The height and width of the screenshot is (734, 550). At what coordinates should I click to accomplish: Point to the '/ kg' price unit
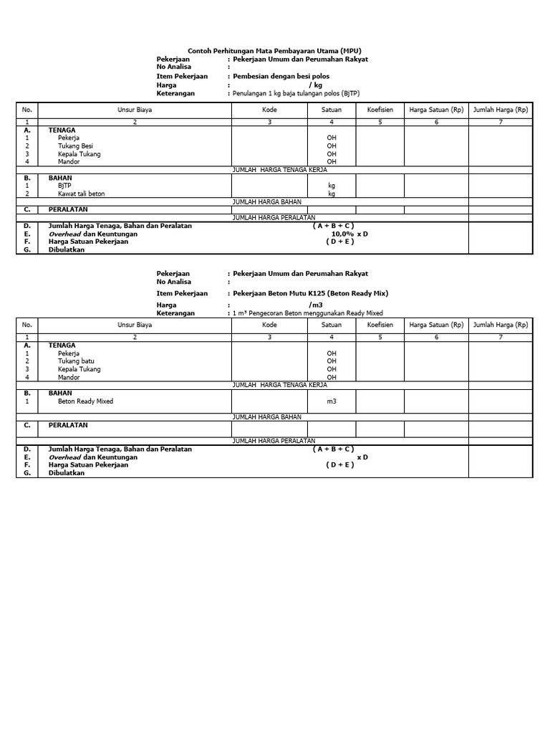tap(316, 85)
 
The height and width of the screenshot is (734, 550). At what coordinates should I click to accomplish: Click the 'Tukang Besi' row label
tap(75, 146)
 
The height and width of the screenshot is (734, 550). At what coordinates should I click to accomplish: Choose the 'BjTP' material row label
tap(65, 185)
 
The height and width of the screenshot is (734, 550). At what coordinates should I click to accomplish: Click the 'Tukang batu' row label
tap(76, 361)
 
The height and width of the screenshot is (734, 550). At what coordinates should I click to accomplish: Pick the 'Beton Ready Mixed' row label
tap(85, 401)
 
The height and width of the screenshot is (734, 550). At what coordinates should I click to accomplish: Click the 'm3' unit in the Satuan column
tap(332, 401)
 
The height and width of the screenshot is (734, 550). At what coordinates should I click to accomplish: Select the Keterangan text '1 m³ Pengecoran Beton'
tap(307, 313)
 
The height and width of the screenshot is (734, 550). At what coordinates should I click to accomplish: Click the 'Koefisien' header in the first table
tap(380, 110)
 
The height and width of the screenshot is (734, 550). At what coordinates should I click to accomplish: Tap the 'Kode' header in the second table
tap(269, 325)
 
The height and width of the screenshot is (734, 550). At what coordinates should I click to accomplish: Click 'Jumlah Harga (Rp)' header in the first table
tap(501, 110)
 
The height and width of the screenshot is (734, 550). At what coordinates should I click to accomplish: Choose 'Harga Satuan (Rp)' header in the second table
tap(436, 325)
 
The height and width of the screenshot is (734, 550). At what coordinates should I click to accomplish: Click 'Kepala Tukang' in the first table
tap(79, 154)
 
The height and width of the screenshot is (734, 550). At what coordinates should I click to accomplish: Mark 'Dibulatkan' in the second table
tap(67, 473)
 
